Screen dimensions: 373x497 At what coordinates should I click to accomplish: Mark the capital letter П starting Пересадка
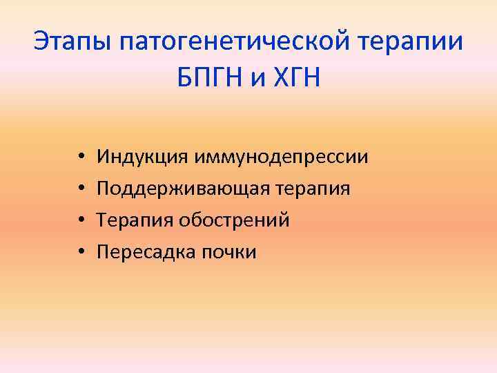point(103,252)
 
